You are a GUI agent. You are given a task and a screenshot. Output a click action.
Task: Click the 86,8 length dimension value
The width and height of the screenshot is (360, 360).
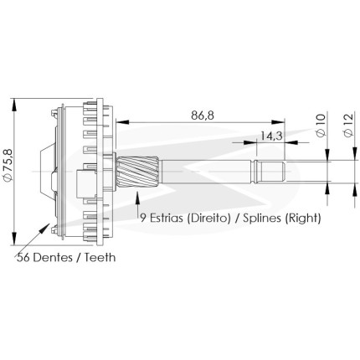tap(203, 115)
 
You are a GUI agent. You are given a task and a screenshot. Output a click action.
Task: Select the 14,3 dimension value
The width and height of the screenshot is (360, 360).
tap(271, 136)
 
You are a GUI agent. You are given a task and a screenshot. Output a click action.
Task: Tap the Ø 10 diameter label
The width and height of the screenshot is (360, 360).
tap(321, 125)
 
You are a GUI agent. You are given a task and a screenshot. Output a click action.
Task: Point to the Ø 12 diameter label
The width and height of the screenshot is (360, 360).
tap(348, 125)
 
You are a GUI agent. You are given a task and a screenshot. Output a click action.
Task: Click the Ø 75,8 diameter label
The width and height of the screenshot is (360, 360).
tap(8, 165)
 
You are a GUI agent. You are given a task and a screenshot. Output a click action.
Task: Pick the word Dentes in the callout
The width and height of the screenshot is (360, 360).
tap(53, 257)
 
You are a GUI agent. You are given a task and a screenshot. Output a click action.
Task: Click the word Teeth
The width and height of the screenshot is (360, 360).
tap(100, 257)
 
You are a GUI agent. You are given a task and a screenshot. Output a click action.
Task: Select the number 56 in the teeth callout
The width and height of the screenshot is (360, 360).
tap(23, 257)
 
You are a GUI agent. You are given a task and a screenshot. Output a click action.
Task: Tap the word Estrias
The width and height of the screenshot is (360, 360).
tap(167, 218)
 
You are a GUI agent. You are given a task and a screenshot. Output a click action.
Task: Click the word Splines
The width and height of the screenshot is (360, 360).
tap(262, 218)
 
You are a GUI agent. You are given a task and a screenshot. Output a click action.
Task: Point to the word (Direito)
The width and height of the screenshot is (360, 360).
tap(209, 218)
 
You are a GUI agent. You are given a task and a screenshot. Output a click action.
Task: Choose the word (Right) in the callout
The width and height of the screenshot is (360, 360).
tap(303, 218)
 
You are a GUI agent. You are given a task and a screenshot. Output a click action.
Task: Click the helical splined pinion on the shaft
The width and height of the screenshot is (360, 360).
tap(137, 172)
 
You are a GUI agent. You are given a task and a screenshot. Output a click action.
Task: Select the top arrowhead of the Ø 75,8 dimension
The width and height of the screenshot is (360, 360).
tap(14, 105)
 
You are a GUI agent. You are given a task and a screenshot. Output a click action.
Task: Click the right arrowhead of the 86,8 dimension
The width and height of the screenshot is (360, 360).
tap(278, 121)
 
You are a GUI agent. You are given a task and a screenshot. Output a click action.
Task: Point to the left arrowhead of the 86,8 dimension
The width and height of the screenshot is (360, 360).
tap(122, 121)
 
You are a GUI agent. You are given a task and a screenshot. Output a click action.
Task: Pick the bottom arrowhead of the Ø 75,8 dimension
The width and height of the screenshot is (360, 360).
tap(14, 239)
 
